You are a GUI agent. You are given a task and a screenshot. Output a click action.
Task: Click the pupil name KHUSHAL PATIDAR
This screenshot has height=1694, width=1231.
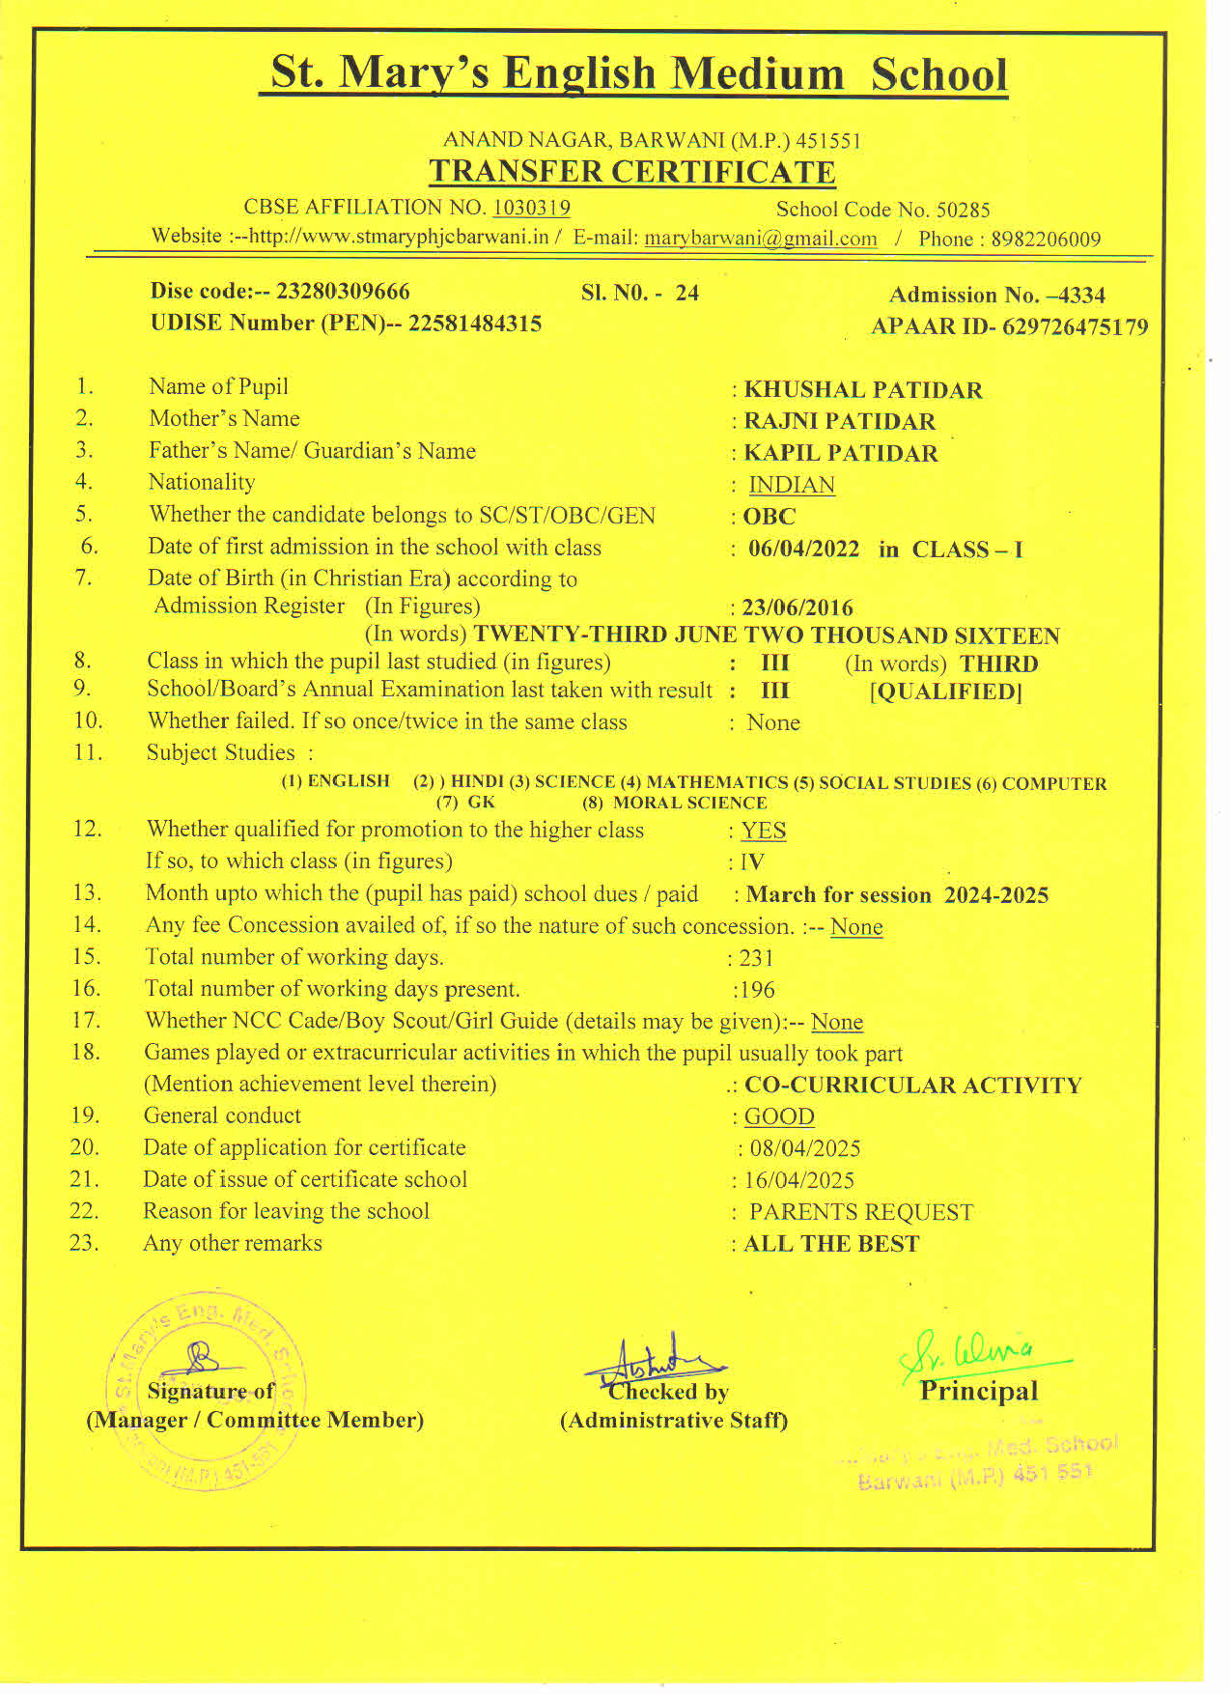(x=862, y=390)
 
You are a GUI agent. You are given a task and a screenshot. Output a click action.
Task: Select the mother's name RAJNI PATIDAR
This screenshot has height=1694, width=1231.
(x=839, y=422)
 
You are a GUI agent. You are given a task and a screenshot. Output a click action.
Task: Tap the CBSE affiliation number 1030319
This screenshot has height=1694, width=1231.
(x=531, y=208)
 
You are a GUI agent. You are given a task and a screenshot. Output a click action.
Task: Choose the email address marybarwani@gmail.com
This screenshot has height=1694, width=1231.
(x=761, y=239)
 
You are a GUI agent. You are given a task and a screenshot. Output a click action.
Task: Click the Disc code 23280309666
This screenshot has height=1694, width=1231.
(x=343, y=292)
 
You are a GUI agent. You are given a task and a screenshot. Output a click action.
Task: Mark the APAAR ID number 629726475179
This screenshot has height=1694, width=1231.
(x=1076, y=327)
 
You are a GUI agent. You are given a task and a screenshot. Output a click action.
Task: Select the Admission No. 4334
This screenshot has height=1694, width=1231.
(x=1082, y=296)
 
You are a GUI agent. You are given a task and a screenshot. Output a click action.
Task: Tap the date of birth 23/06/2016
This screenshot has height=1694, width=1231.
(x=797, y=608)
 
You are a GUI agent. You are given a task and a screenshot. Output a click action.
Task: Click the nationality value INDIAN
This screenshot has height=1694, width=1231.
(x=792, y=485)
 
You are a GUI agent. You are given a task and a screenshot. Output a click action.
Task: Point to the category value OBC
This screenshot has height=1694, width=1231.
(x=769, y=517)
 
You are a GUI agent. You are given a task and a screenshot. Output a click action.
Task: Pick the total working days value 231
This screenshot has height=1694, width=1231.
(x=756, y=958)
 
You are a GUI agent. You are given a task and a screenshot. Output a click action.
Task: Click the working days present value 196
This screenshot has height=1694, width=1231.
(x=758, y=990)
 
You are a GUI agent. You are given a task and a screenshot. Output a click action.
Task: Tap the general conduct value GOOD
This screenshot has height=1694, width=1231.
(x=779, y=1116)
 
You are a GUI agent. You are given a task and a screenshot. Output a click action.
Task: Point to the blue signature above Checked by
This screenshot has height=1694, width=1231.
(x=655, y=1363)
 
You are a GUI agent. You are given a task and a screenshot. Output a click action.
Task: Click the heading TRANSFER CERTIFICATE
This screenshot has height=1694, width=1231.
(x=632, y=172)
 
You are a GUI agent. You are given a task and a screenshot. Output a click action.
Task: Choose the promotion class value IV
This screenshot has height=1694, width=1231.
(x=752, y=862)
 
